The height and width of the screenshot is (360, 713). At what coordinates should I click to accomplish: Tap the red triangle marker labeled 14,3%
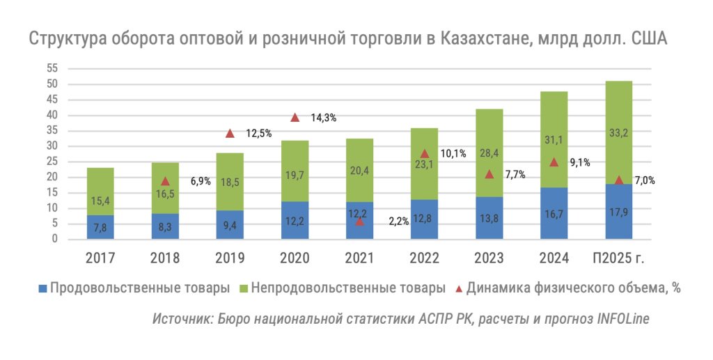(x=295, y=118)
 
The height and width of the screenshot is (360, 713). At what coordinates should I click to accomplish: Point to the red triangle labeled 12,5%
(x=230, y=133)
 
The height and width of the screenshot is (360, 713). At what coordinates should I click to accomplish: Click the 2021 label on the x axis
(x=359, y=258)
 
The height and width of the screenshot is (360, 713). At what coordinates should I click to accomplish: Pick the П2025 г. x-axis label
(x=618, y=258)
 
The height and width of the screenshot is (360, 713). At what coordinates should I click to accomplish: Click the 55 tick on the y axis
(x=51, y=68)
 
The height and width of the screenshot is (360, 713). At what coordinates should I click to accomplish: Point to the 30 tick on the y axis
(x=51, y=146)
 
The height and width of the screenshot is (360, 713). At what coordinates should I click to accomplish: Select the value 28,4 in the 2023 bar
(x=489, y=152)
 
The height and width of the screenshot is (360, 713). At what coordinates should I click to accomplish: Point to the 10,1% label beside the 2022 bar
(x=453, y=154)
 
